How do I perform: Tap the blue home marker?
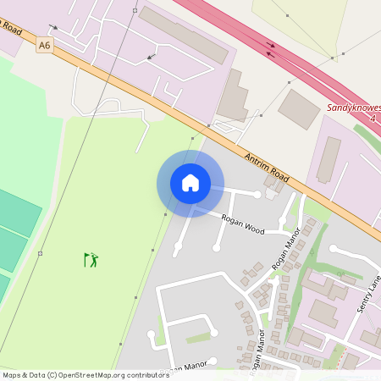(190, 183)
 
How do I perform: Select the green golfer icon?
(91, 259)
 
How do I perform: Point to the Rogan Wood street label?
(243, 224)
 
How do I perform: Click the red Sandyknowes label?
(354, 109)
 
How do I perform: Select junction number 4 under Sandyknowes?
(373, 120)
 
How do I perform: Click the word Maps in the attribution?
(13, 375)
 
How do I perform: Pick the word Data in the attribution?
(37, 375)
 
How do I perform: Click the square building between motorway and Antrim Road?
(299, 109)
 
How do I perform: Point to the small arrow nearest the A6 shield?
(54, 27)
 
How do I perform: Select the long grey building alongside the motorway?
(183, 35)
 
